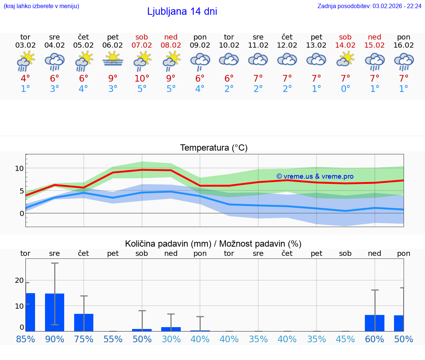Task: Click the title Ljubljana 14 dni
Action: [182, 11]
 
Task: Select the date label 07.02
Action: [142, 45]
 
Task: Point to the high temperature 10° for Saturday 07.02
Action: [142, 79]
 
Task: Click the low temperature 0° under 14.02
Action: [345, 89]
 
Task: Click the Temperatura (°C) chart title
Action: [214, 148]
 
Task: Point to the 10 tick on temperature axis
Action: [19, 168]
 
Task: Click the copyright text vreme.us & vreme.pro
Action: [315, 176]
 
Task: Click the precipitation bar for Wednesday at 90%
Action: [55, 312]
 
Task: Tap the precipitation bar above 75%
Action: [84, 322]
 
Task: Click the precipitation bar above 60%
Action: [374, 323]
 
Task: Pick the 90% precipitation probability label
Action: [55, 339]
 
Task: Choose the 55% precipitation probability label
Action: [113, 339]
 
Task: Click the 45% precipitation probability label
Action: [345, 339]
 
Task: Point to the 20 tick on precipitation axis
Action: [19, 280]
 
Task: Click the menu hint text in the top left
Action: [41, 6]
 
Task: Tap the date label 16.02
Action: [404, 45]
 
